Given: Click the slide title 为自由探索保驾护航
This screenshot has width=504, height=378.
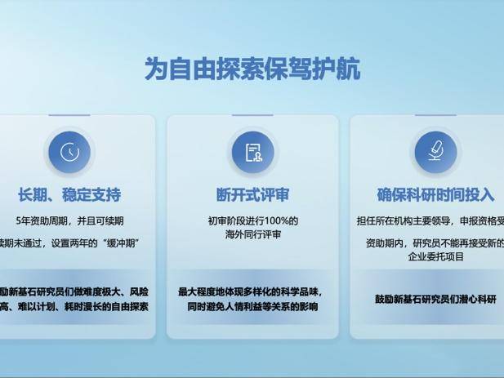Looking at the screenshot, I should click(252, 69).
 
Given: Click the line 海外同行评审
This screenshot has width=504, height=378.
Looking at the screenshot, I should click(252, 235).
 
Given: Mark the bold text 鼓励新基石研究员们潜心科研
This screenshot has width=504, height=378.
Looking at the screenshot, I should click(435, 299).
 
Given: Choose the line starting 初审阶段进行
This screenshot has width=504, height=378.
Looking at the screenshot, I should click(252, 221).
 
